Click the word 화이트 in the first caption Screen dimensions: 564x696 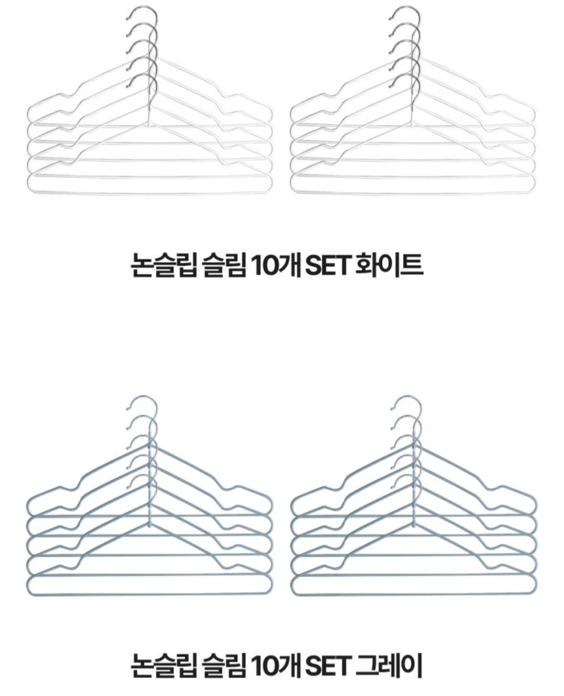[x=389, y=265]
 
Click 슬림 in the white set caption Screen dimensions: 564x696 [x=224, y=265]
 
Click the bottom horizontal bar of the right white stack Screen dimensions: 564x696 [x=413, y=193]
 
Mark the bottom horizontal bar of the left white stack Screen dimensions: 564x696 [x=150, y=193]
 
